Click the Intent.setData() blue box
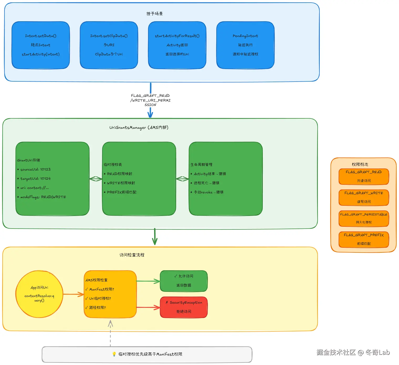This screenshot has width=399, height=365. (x=41, y=45)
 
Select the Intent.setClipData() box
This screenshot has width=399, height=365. (x=109, y=45)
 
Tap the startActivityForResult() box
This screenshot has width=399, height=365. (x=177, y=45)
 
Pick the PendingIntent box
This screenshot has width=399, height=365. (x=245, y=45)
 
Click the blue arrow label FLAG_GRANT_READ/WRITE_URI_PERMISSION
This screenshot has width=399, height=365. (x=150, y=100)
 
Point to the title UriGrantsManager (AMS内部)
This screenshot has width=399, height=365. (x=139, y=128)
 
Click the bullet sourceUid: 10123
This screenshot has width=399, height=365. (x=35, y=170)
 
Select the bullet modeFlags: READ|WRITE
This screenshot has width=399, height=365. (x=43, y=197)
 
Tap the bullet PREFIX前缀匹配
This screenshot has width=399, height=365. (x=122, y=192)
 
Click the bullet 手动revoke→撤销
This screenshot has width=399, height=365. (x=208, y=192)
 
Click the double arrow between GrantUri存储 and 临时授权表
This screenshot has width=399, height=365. (x=96, y=179)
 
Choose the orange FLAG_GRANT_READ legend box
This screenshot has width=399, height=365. (x=364, y=177)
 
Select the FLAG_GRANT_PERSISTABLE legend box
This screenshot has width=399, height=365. (x=364, y=218)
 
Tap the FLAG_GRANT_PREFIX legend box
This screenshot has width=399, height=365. (x=364, y=239)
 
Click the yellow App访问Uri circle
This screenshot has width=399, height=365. (x=39, y=294)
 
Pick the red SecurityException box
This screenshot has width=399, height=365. (x=184, y=307)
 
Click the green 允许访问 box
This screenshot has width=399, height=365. (x=184, y=281)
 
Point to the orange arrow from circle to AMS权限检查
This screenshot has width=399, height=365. (x=73, y=294)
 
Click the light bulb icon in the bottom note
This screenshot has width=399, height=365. (x=114, y=354)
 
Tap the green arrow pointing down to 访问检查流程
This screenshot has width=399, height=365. (x=155, y=237)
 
